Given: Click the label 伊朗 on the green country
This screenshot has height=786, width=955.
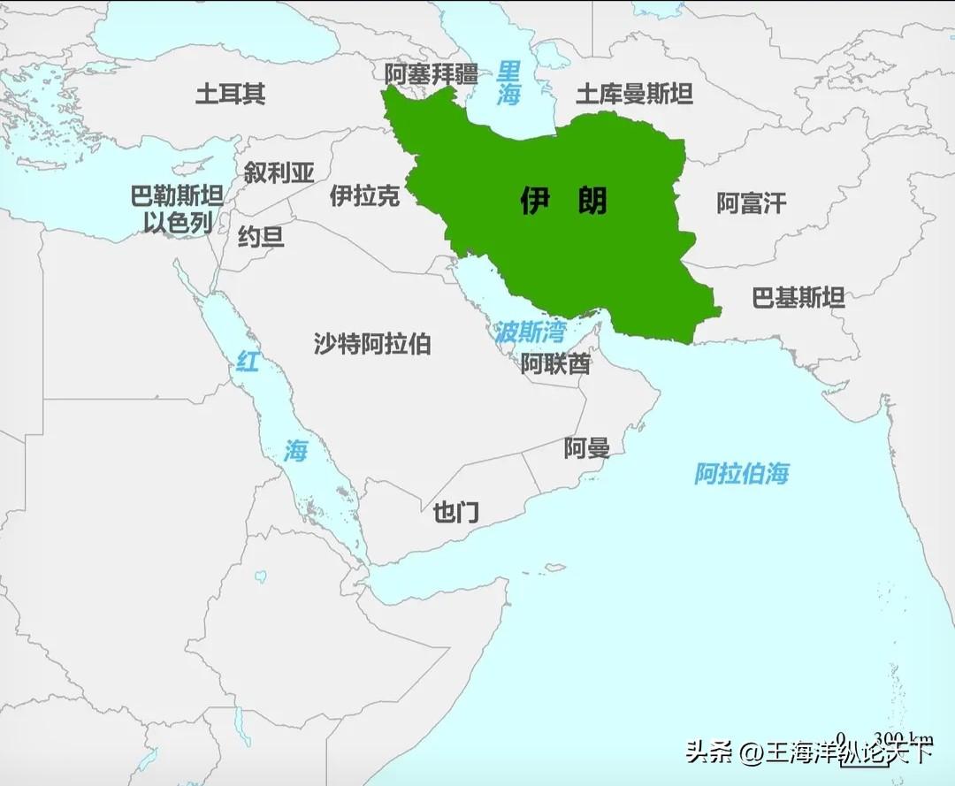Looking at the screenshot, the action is (x=563, y=202).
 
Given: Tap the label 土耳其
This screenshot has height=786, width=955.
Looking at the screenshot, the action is (x=230, y=93).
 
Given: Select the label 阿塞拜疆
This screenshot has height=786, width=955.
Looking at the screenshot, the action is (x=431, y=74).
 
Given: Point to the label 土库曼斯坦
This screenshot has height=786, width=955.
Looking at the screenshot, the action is (x=634, y=94).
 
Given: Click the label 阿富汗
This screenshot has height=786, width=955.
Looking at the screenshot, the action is (x=751, y=203).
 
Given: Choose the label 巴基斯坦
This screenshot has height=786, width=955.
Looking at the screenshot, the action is (x=798, y=298).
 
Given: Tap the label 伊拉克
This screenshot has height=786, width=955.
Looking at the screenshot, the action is (x=364, y=195).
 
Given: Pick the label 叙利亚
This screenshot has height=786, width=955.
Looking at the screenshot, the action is (x=279, y=172).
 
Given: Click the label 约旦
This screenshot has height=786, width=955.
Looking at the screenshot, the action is (x=261, y=236).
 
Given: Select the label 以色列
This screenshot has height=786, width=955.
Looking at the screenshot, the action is (x=178, y=223).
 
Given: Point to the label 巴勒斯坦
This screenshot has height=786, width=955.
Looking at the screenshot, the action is (x=177, y=196).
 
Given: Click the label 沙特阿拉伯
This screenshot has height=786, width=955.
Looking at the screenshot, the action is (x=372, y=343).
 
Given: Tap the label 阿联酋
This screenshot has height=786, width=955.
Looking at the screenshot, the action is (x=554, y=363).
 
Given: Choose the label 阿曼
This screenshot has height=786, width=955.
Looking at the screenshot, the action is (x=586, y=448).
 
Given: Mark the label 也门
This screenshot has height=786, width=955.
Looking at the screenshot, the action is (x=455, y=512).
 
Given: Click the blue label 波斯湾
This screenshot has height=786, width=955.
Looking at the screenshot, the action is (x=529, y=332).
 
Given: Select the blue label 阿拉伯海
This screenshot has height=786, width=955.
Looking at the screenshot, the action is (x=741, y=473).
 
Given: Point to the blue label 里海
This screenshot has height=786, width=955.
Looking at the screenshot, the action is (x=508, y=83).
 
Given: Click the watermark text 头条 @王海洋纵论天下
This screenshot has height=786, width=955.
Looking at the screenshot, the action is (x=808, y=753).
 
